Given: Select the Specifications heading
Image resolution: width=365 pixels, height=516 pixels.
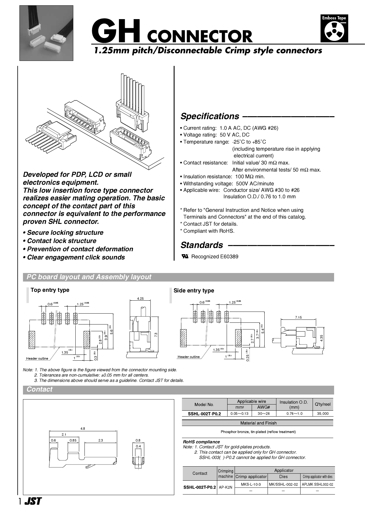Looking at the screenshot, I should point(210,116).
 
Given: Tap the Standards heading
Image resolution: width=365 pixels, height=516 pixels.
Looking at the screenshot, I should point(202,245).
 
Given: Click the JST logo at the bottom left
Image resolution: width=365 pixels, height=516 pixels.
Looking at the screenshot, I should point(33,501).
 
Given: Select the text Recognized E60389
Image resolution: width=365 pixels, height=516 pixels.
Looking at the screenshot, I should point(215,257).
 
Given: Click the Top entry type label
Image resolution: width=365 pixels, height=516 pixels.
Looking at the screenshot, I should point(50,290).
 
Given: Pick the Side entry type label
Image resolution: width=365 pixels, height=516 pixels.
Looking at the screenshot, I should point(194,291).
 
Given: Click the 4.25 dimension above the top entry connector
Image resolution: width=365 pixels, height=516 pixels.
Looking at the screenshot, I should point(140,298).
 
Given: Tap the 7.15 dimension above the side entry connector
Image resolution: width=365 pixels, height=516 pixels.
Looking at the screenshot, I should point(298,317).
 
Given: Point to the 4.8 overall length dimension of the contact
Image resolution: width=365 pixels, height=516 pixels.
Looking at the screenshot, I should point(83,429).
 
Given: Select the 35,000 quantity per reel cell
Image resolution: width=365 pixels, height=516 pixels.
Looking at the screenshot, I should point(323,413).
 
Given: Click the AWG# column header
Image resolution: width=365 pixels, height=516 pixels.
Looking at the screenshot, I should point(263,407).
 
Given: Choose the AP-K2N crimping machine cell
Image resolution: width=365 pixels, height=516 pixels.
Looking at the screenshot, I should point(225,487).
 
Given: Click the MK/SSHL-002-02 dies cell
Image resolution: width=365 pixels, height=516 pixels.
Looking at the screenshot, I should point(283,484).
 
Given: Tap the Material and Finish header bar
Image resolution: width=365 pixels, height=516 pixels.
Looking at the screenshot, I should point(258,423).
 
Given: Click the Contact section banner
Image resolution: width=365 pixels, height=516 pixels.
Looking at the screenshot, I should point(39,390).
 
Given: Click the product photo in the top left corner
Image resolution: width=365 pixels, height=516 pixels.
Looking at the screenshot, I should point(46,33).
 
